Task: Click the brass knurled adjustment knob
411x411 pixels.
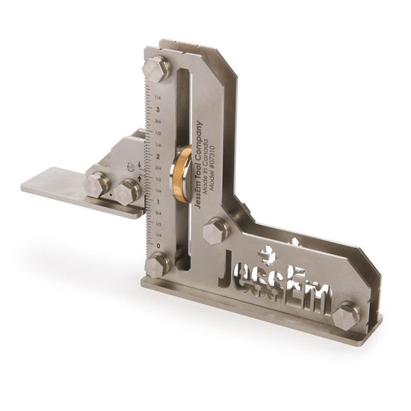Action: [x=182, y=173]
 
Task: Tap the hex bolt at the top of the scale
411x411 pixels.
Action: [x=157, y=69]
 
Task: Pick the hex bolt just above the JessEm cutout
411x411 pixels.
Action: [x=216, y=229]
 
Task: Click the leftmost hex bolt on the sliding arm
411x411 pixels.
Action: [x=96, y=184]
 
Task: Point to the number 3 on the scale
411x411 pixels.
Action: [x=157, y=109]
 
